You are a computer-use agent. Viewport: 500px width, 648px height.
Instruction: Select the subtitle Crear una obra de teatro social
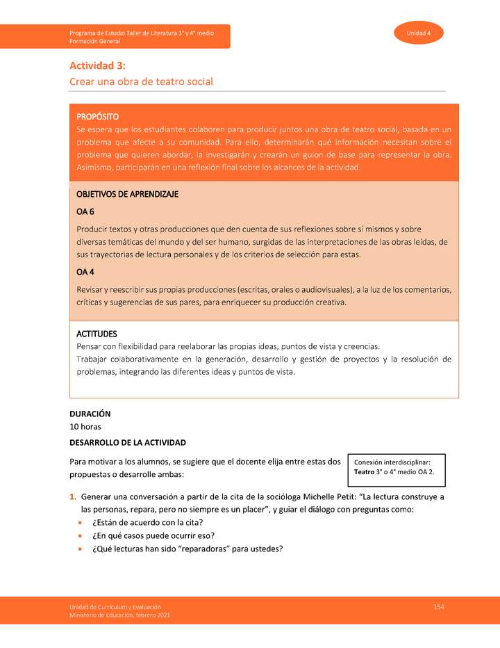point(141,81)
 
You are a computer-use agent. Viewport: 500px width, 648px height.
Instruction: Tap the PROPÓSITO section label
point(97,116)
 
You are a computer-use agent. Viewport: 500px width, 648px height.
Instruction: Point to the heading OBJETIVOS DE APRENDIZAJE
point(127,194)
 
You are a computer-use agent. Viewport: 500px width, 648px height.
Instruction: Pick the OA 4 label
point(85,272)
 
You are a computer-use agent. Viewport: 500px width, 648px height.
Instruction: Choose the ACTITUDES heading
point(97,334)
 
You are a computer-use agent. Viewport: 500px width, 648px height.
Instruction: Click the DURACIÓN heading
point(90,414)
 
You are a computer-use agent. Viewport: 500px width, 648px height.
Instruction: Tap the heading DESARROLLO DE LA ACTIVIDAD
point(128,442)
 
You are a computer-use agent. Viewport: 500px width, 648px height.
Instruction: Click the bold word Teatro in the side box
point(366,473)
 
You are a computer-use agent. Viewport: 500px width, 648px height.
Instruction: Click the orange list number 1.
point(72,497)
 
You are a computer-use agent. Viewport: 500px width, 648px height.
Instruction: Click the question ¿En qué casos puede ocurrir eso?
point(153,535)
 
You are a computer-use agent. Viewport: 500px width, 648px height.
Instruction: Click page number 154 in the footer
point(438,607)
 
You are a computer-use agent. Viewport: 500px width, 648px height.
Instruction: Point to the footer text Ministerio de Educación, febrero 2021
point(119,615)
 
